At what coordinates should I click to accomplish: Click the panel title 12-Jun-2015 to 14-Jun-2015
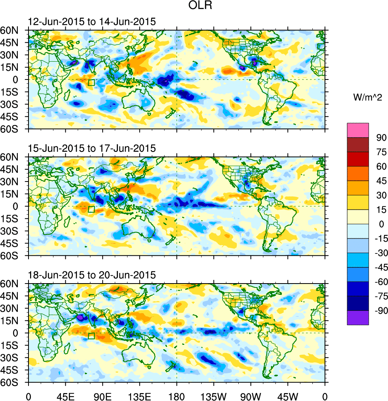(x=92, y=22)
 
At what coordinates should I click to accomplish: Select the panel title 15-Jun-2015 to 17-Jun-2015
(x=92, y=149)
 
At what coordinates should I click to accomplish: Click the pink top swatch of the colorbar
(x=358, y=130)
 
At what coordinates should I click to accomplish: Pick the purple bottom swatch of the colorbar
(x=358, y=318)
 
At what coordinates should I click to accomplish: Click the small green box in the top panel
(x=91, y=83)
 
